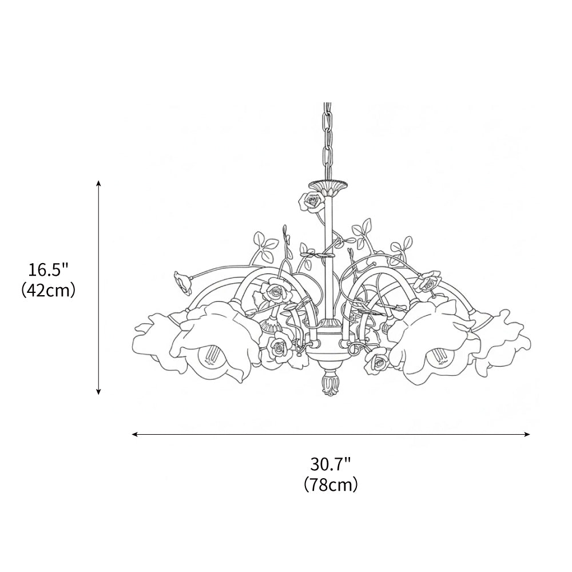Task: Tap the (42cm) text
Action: click(x=48, y=290)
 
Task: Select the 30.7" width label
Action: click(x=331, y=464)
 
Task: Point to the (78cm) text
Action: click(x=331, y=484)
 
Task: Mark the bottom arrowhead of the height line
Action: click(x=98, y=391)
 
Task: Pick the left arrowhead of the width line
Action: click(x=134, y=434)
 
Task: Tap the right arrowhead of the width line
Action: click(x=527, y=434)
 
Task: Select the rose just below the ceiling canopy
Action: click(x=311, y=202)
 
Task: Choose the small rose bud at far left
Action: click(x=183, y=283)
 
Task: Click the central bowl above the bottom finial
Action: click(x=328, y=355)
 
